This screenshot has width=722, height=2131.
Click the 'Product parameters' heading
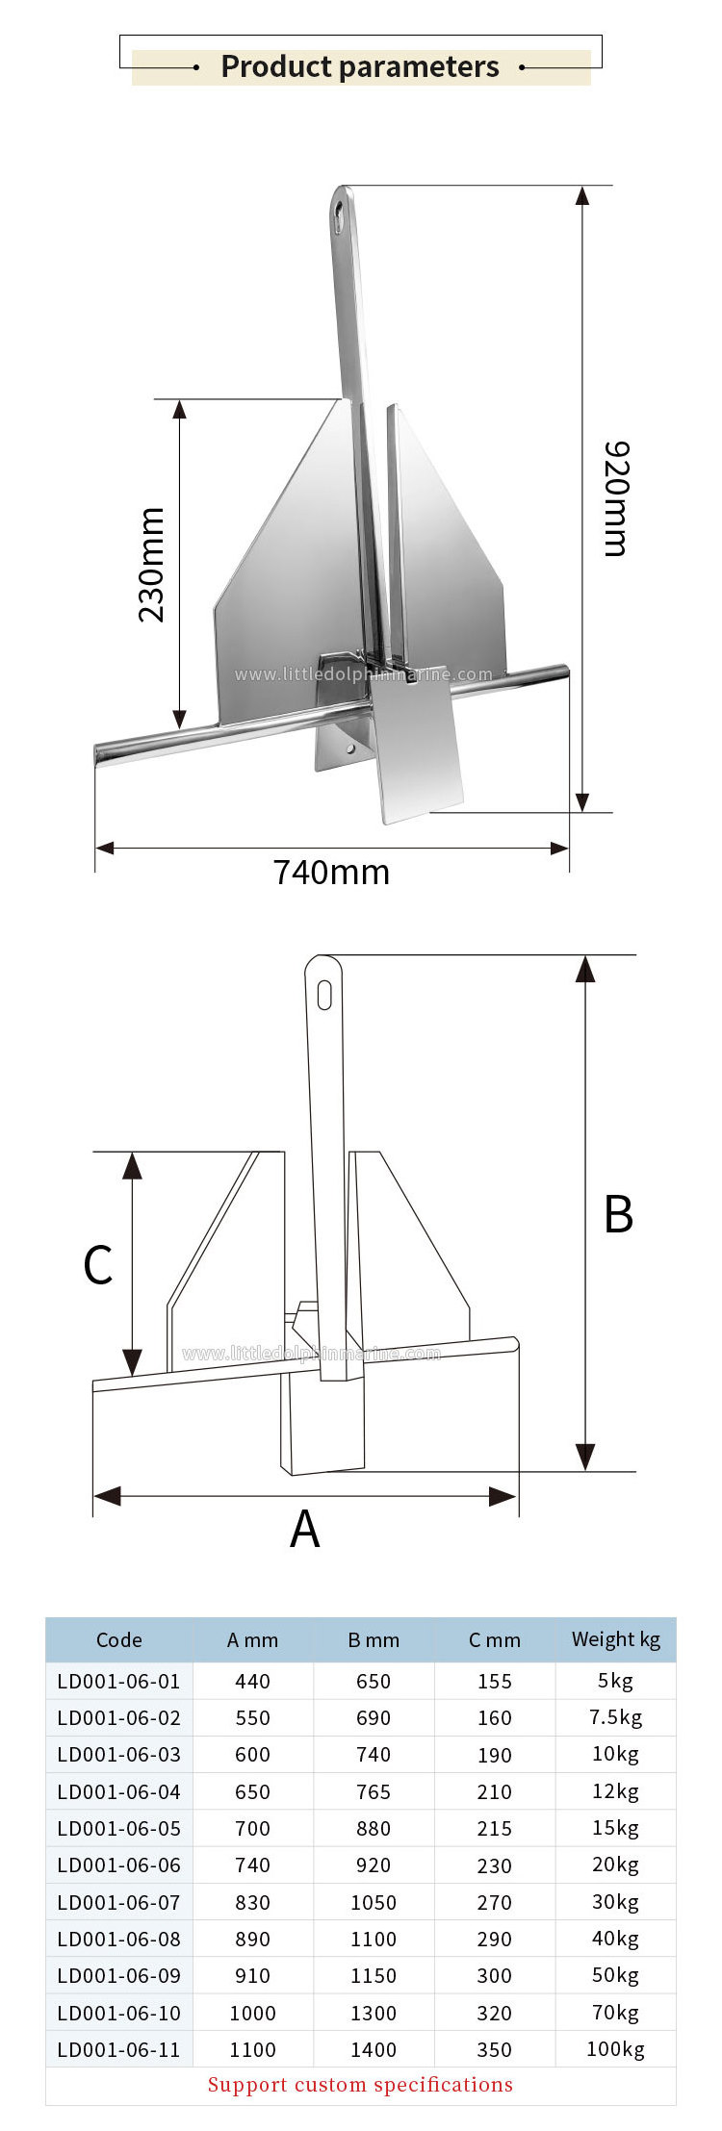click(x=360, y=66)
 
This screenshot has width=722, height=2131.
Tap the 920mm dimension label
click(x=616, y=498)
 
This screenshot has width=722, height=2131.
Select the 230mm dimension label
click(x=151, y=565)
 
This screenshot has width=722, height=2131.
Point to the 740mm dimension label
click(x=331, y=872)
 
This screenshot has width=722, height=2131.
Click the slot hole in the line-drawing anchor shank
click(x=324, y=995)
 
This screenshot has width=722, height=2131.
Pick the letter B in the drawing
click(x=618, y=1214)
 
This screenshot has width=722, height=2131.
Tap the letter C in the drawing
click(x=98, y=1264)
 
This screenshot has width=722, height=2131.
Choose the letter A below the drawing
click(x=304, y=1528)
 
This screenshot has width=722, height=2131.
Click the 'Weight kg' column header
click(x=615, y=1639)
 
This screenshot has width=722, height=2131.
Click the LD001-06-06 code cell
click(x=118, y=1865)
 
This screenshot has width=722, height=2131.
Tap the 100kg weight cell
click(x=615, y=2049)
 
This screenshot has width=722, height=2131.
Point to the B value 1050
click(x=374, y=1902)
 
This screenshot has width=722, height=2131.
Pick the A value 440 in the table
click(x=252, y=1681)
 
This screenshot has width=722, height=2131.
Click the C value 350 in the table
click(x=494, y=2049)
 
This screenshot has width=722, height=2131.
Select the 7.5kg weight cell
click(x=615, y=1717)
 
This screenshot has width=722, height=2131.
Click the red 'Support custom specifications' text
click(x=360, y=2085)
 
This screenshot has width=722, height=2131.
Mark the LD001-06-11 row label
click(x=118, y=2049)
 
